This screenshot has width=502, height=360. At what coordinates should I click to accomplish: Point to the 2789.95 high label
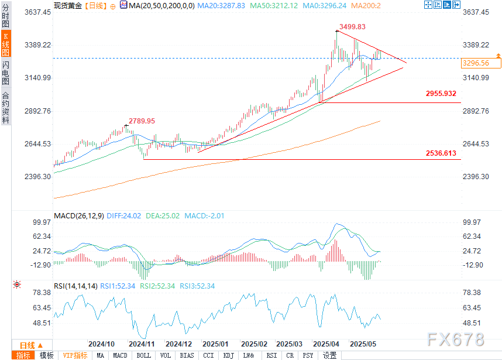[142, 121]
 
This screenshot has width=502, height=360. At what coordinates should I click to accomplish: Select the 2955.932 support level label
[441, 94]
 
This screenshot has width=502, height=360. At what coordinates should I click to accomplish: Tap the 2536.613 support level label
[441, 153]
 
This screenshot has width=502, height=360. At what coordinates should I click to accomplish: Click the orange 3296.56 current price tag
[476, 63]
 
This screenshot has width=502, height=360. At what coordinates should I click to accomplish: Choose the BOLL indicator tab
[143, 355]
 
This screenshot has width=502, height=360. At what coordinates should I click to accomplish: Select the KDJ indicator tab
[229, 355]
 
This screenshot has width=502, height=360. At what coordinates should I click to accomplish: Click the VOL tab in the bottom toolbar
[166, 355]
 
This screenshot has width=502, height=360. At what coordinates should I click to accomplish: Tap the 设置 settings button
[329, 355]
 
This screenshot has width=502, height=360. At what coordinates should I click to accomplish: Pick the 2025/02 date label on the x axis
[254, 344]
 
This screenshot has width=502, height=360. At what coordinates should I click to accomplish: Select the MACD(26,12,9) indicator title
[78, 216]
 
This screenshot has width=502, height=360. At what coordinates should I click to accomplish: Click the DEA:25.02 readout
[163, 216]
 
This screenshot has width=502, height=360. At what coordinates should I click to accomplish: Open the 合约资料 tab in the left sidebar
[6, 108]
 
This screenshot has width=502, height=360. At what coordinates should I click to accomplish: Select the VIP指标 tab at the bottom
[75, 355]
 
